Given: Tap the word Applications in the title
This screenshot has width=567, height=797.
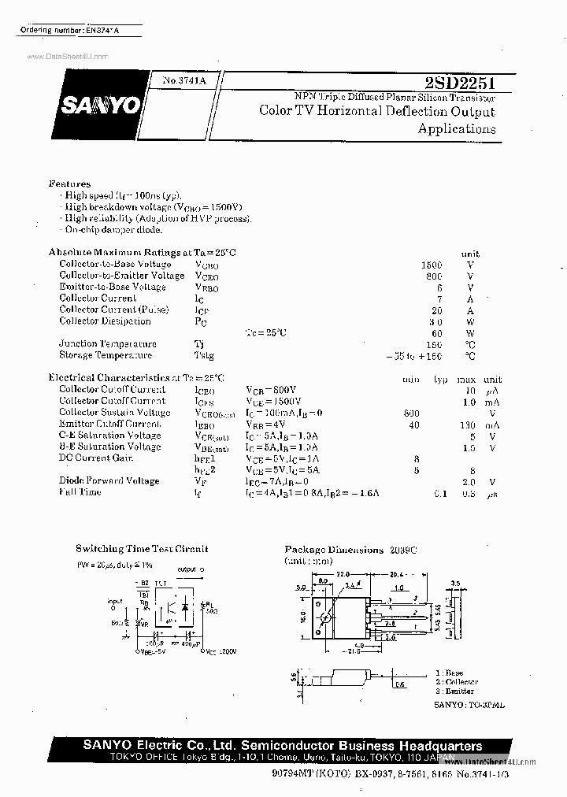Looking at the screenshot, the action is [457, 129].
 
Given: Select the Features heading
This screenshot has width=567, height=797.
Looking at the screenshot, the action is [69, 183].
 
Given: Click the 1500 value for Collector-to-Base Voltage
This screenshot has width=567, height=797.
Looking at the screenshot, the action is [432, 265].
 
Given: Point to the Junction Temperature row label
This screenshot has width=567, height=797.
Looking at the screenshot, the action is [107, 344].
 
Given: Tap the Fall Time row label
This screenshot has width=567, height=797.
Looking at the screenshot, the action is [80, 492].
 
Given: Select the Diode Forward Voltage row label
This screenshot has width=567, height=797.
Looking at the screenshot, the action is [109, 480].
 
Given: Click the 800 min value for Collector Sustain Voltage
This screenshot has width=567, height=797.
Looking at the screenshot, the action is [410, 413].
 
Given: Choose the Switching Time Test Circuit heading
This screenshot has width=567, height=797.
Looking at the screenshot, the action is [142, 548].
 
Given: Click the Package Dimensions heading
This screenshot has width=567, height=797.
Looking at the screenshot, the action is [333, 549].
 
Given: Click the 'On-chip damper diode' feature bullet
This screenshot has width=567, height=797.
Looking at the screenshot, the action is [113, 229].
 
